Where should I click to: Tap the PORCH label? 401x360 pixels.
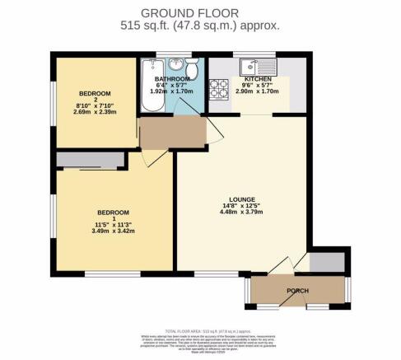pos(297,292)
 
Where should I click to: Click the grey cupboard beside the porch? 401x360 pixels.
pos(324,263)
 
